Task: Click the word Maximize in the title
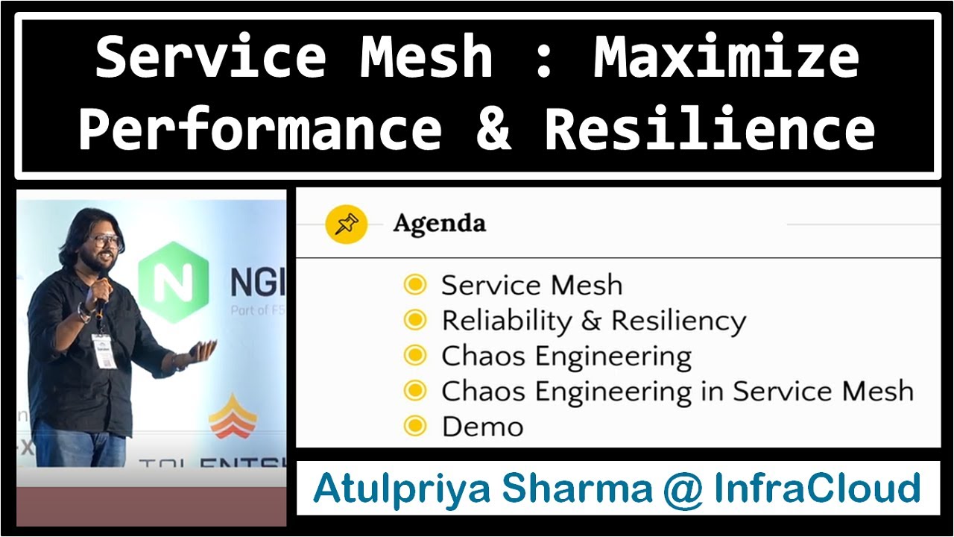pos(726,58)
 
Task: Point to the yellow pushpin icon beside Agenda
pos(347,224)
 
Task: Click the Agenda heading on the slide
pos(439,223)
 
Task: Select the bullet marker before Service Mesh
pos(414,284)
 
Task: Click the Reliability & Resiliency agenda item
pos(593,321)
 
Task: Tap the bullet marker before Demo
pos(414,426)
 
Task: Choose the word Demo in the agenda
pos(482,427)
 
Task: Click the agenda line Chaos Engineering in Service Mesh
pos(677,391)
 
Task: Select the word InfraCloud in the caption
pos(818,489)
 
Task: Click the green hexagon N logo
pos(173,282)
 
